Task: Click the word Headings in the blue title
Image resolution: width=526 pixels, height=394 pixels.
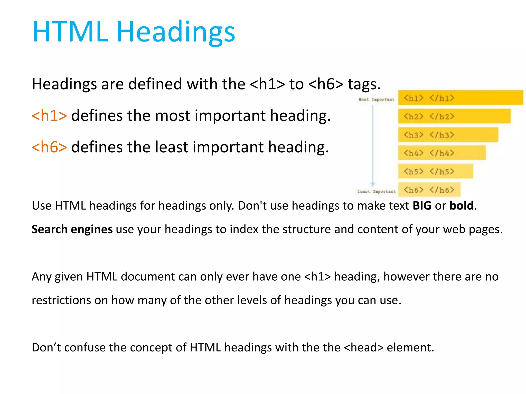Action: pos(176,32)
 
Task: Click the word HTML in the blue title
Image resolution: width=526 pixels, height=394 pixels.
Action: pos(70,32)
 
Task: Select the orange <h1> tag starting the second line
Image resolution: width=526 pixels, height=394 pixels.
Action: pos(49,116)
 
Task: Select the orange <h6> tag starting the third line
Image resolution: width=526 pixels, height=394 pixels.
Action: pos(49,147)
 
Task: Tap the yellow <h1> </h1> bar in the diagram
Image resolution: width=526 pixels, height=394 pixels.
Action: pos(460,98)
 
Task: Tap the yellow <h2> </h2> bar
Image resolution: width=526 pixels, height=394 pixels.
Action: pos(454,116)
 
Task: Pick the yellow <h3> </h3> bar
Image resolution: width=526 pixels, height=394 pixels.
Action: pos(448,135)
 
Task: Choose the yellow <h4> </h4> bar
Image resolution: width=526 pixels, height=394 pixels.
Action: pos(442,153)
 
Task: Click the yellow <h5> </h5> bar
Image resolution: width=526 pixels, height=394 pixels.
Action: pos(436,171)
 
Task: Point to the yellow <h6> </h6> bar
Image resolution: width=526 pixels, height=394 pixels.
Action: pos(429,190)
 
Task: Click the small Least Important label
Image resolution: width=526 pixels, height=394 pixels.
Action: pos(377,191)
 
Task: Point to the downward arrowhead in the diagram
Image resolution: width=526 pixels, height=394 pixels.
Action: pos(373,184)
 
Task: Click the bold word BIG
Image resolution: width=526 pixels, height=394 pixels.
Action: pos(422,206)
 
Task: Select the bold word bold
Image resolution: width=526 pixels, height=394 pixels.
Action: pos(461,206)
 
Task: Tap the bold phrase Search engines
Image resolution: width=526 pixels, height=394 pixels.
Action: pos(72,229)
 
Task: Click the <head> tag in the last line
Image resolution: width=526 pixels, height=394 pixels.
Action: pos(363,348)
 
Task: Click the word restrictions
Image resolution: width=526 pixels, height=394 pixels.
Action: pos(61,300)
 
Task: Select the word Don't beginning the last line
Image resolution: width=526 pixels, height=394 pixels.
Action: pos(46,348)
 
